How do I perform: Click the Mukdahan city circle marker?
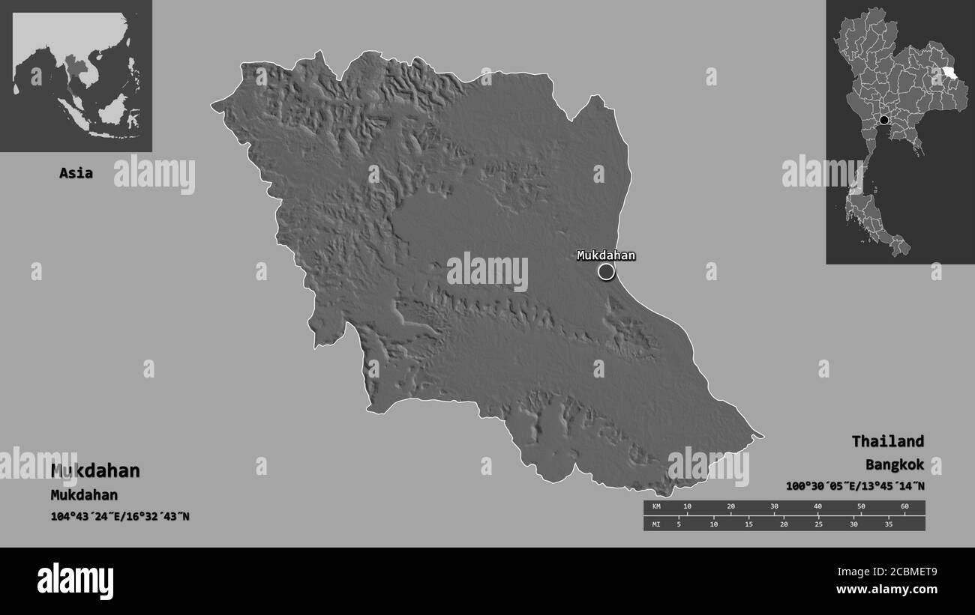[606, 272]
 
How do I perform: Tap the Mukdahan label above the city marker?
[606, 255]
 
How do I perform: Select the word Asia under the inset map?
[76, 173]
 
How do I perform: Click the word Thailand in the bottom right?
[887, 441]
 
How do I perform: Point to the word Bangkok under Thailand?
[894, 464]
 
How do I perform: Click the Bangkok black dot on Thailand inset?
[884, 120]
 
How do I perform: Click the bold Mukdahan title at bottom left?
[95, 471]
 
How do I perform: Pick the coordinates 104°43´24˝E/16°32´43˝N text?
[120, 516]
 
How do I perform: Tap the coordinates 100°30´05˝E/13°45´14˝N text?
[855, 486]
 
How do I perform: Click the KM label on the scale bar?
[656, 507]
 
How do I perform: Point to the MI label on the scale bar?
[656, 524]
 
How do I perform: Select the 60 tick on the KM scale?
[904, 507]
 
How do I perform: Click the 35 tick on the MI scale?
[889, 524]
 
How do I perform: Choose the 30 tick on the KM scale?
[774, 507]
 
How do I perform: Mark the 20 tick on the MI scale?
[784, 524]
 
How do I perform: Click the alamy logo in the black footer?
[75, 581]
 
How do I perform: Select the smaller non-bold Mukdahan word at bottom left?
[84, 495]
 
